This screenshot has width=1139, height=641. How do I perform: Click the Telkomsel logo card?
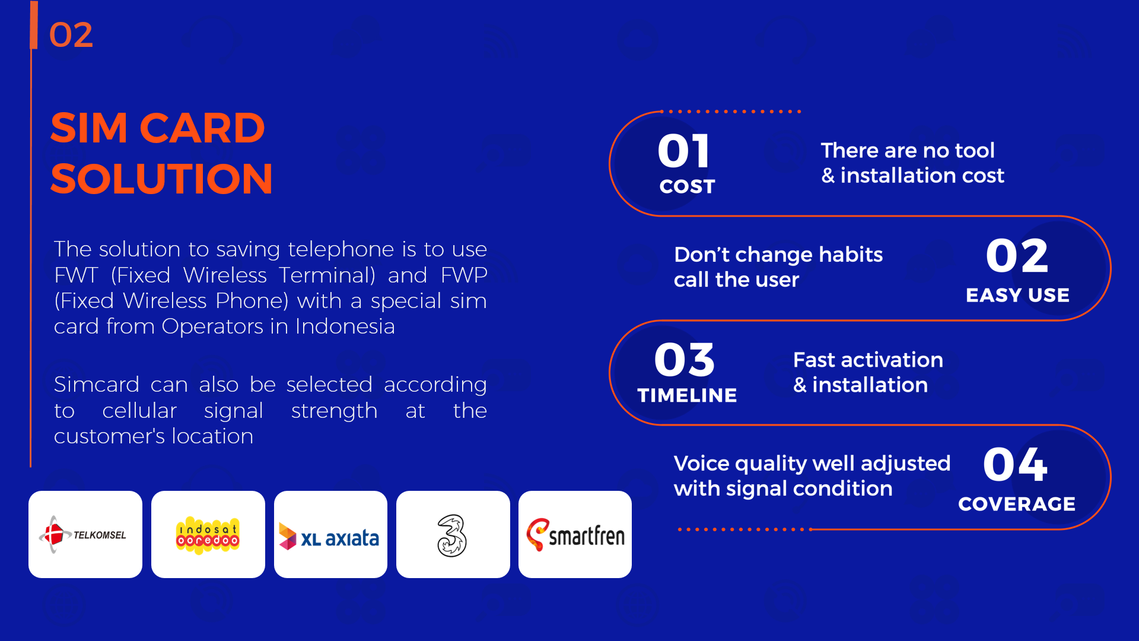(x=85, y=534)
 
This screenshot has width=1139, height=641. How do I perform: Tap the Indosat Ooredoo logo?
(x=208, y=534)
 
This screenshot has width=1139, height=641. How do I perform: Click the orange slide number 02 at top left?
(x=71, y=35)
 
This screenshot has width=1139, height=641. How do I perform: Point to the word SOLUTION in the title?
(x=161, y=179)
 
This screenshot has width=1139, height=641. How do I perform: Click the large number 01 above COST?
(x=684, y=151)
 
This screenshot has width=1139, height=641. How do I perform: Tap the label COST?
(x=687, y=186)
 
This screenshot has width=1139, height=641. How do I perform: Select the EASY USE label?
(x=1017, y=295)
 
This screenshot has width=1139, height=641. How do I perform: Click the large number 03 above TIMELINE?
(x=685, y=360)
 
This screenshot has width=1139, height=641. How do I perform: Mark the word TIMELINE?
(x=687, y=395)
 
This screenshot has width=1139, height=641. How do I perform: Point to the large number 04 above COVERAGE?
(x=1015, y=464)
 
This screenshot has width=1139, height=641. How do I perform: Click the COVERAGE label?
(x=1017, y=504)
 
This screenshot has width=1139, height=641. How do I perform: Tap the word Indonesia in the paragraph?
(x=345, y=326)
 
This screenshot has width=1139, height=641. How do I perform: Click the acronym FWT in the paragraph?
(x=76, y=275)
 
